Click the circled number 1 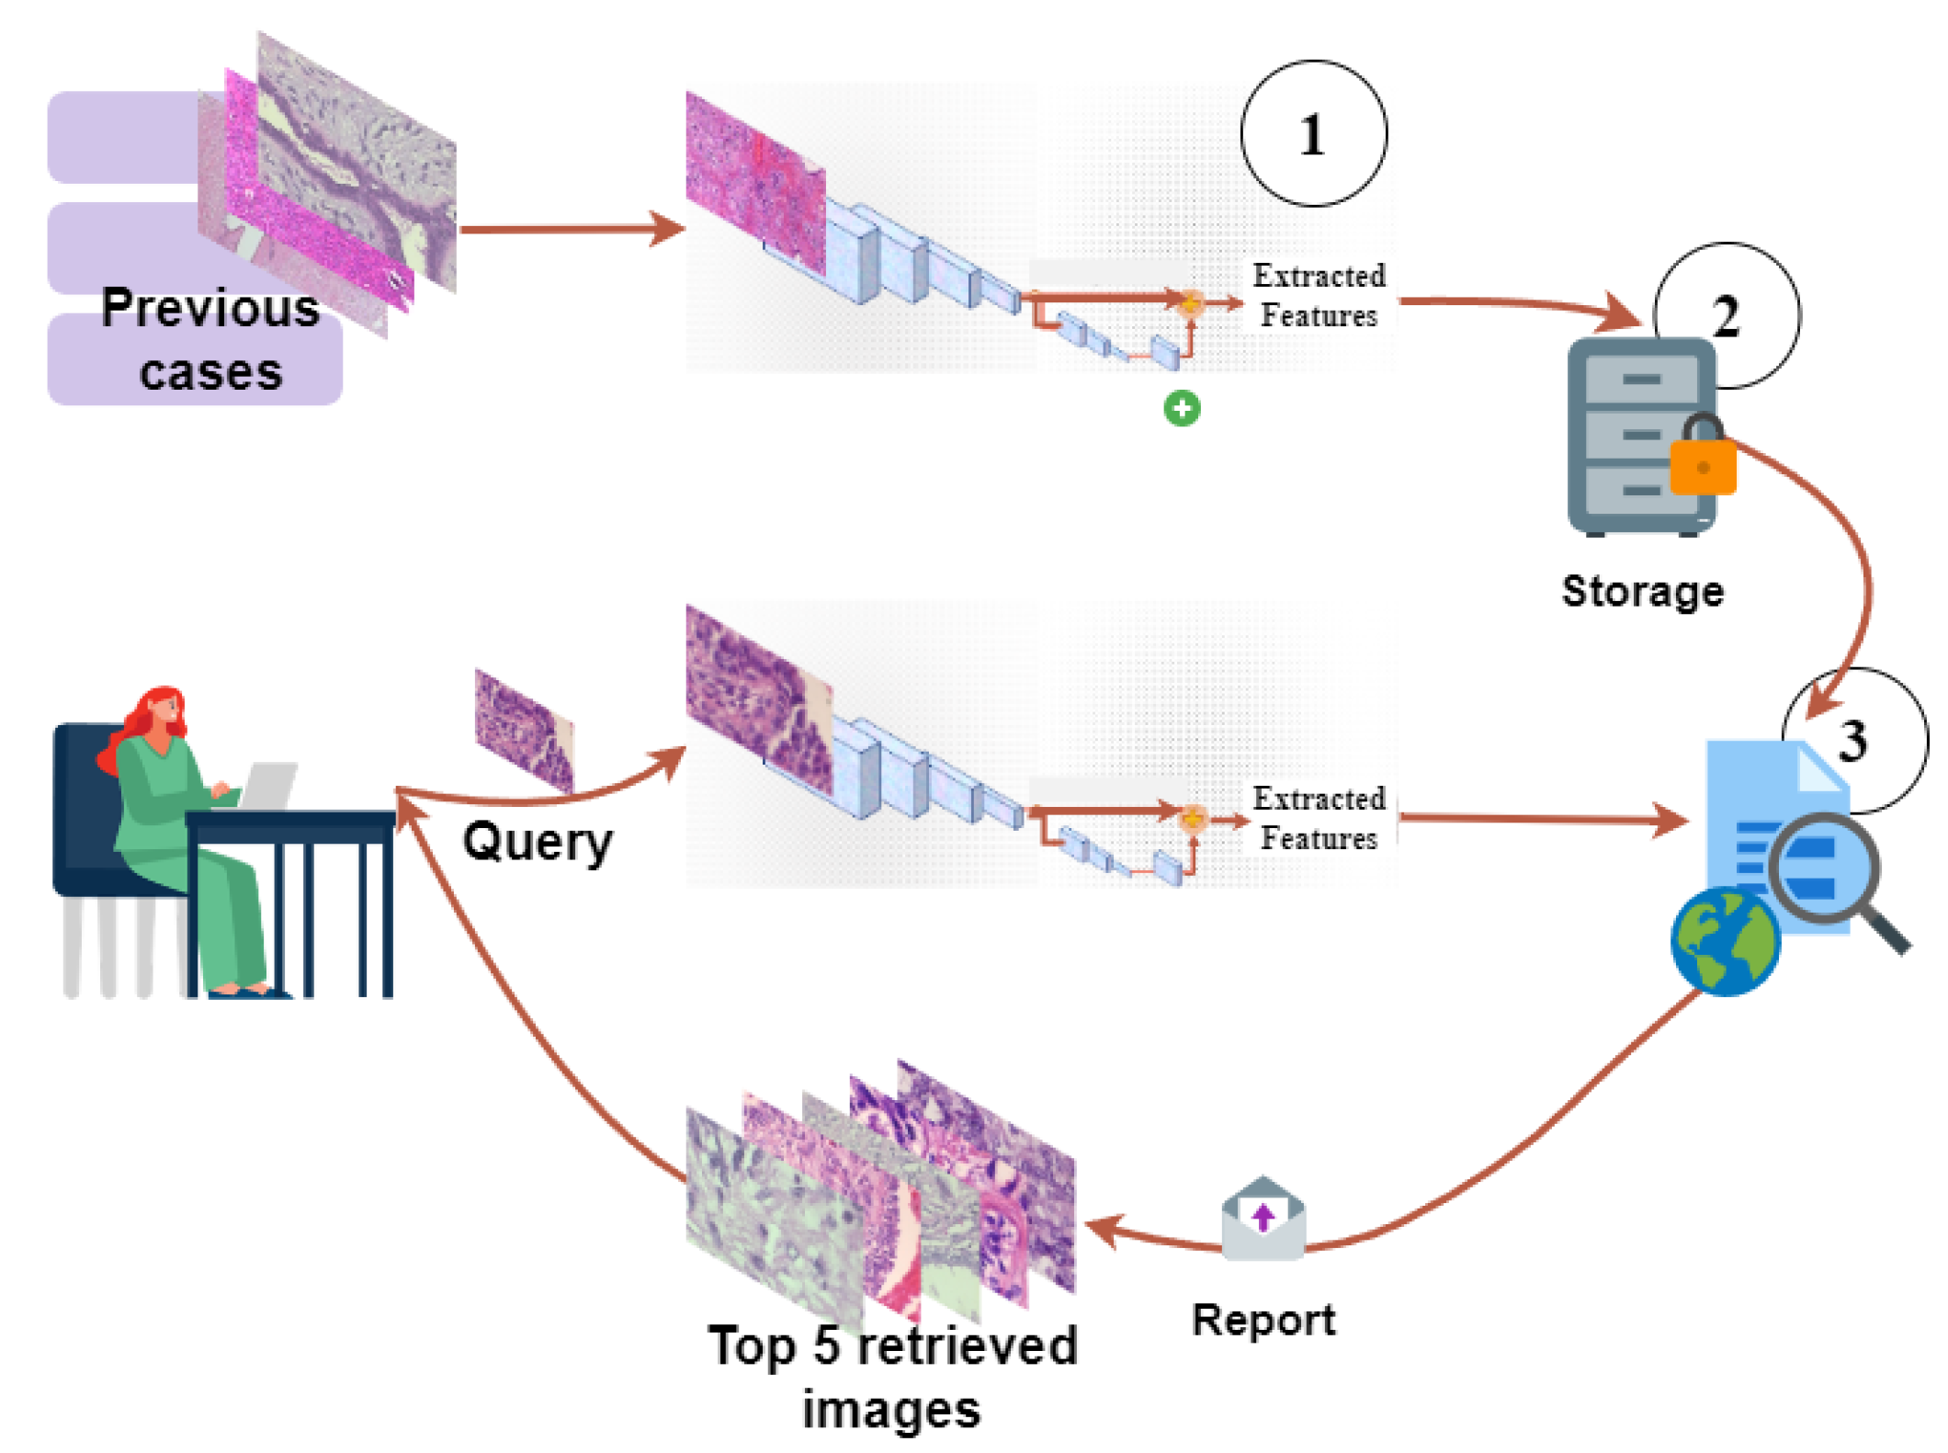click(1312, 134)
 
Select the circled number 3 click(1853, 740)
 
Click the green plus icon click(1182, 408)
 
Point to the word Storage click(1642, 591)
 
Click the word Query click(538, 841)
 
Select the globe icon click(1725, 942)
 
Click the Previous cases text click(210, 340)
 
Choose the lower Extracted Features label click(1319, 818)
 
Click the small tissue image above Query click(523, 731)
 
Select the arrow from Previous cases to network click(570, 228)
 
